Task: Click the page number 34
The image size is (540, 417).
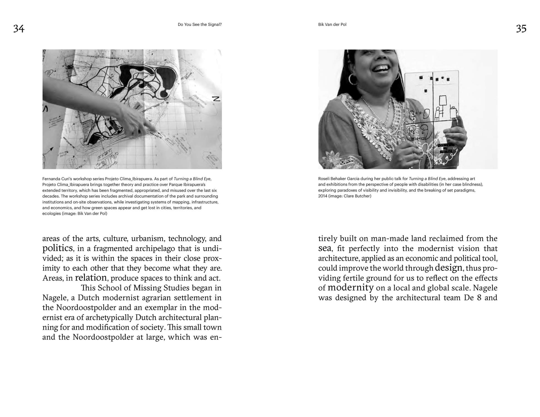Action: [19, 29]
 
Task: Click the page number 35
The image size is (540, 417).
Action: [521, 29]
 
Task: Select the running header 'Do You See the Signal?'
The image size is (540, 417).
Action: [199, 24]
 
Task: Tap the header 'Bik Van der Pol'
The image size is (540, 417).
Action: [332, 24]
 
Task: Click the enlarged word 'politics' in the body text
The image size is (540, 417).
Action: [57, 248]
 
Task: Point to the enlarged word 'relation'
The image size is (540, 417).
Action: [91, 277]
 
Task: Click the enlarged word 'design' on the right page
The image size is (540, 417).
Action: [448, 267]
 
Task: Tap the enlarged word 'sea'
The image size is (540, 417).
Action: [325, 248]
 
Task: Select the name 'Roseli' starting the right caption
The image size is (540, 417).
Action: [324, 179]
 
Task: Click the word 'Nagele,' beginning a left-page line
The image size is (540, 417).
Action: [55, 298]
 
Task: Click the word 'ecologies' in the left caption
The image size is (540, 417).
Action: [51, 214]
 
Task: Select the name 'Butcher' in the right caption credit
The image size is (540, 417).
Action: [363, 196]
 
